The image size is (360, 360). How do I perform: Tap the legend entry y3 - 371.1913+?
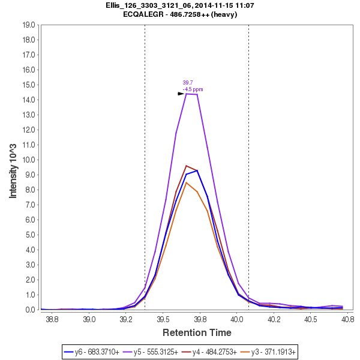click(272, 352)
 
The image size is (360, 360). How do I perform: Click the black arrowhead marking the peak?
click(181, 94)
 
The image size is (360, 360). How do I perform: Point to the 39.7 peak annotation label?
click(187, 83)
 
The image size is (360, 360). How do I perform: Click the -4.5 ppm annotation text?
click(193, 89)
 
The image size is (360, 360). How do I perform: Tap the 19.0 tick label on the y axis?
click(28, 25)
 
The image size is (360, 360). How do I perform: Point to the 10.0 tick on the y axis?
click(28, 160)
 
